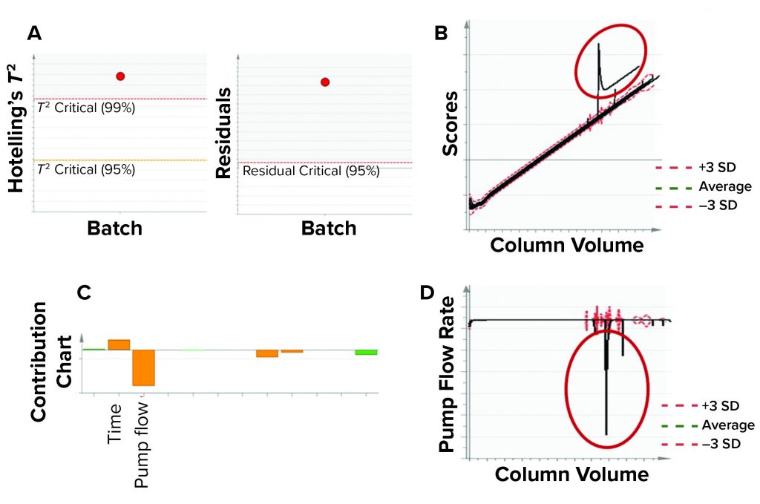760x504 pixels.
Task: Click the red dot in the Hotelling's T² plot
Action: (x=120, y=76)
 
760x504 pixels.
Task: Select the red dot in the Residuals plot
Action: (x=324, y=82)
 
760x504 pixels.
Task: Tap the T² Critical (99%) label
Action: (x=86, y=108)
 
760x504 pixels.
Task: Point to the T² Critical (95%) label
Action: (x=86, y=169)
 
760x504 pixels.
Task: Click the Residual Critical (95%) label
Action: (x=311, y=171)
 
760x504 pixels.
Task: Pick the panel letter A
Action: (x=33, y=33)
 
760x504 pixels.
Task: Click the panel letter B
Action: (x=441, y=33)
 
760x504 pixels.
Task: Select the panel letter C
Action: (x=84, y=292)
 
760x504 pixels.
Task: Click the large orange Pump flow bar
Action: (x=143, y=367)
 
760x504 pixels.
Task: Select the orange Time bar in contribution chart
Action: (x=119, y=344)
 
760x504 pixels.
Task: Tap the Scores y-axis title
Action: (x=451, y=131)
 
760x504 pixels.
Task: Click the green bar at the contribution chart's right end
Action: (x=366, y=352)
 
